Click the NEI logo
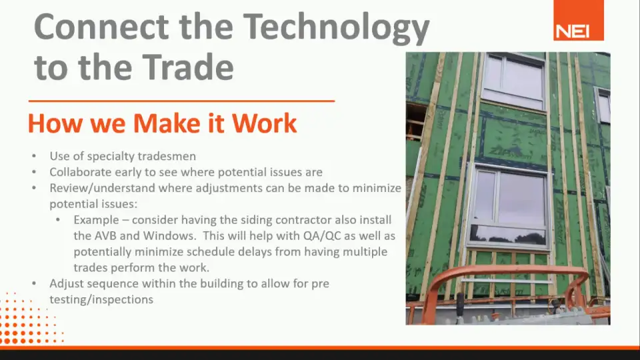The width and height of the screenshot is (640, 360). [x=579, y=21]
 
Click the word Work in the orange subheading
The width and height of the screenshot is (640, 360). [x=265, y=123]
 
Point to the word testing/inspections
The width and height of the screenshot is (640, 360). [x=101, y=299]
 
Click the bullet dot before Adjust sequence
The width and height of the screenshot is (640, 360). [x=34, y=283]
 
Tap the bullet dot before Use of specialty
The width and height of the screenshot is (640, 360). [x=34, y=156]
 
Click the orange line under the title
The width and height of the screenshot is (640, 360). [x=181, y=101]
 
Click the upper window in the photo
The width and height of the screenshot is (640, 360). [x=513, y=81]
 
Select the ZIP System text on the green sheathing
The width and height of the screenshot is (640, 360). [x=510, y=153]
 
